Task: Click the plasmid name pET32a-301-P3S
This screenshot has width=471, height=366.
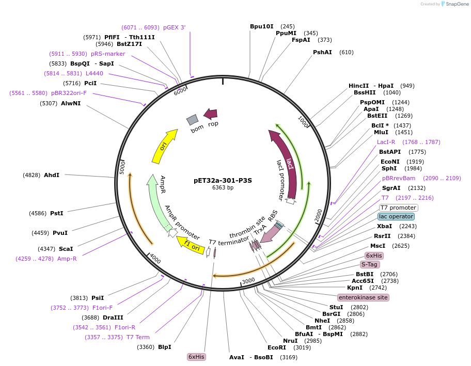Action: point(223,181)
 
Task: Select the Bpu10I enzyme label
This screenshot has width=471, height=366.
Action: point(261,26)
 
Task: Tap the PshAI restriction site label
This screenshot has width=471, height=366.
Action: point(322,52)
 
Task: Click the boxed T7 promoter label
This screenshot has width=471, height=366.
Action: point(399,208)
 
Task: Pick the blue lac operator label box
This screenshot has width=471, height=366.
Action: point(396,217)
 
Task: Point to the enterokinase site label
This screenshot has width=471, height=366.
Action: point(363,297)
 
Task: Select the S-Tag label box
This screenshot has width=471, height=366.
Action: point(370,264)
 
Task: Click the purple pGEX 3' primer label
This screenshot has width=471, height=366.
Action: point(174,27)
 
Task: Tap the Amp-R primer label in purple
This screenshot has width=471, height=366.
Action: point(67,259)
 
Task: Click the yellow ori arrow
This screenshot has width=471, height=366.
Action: point(165,146)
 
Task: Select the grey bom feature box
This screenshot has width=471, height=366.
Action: point(192,120)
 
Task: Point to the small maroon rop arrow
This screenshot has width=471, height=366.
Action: point(211,114)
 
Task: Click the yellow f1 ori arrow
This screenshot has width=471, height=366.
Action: point(190,244)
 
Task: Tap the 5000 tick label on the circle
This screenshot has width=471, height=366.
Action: point(123,167)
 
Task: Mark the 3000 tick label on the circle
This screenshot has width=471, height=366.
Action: point(248,280)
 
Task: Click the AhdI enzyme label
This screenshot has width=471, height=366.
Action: point(52,175)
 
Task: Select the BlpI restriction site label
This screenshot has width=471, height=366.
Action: point(164,347)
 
